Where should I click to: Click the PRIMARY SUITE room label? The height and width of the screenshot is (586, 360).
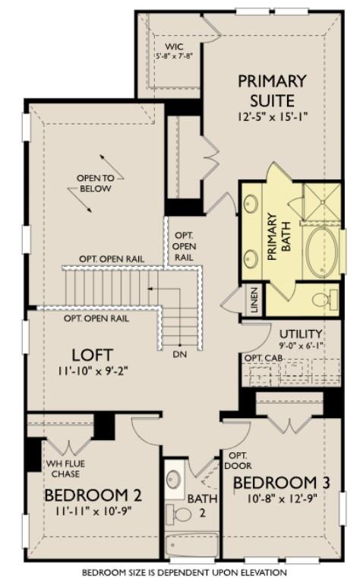272,89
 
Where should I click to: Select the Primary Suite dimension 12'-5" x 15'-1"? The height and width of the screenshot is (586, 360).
272,116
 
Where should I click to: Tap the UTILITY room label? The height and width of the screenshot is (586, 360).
301,334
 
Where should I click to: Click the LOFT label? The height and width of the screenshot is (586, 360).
93,354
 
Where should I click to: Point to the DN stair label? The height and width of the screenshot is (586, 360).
180,353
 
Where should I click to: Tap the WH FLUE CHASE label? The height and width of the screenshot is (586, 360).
65,469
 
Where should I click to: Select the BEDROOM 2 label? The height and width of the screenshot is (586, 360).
93,496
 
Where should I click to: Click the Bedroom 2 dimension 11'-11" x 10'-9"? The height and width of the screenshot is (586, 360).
93,512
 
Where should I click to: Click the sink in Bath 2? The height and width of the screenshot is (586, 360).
174,480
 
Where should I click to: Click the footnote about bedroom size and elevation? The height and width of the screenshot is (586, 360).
185,572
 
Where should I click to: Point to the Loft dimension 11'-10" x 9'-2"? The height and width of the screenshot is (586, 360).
93,372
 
